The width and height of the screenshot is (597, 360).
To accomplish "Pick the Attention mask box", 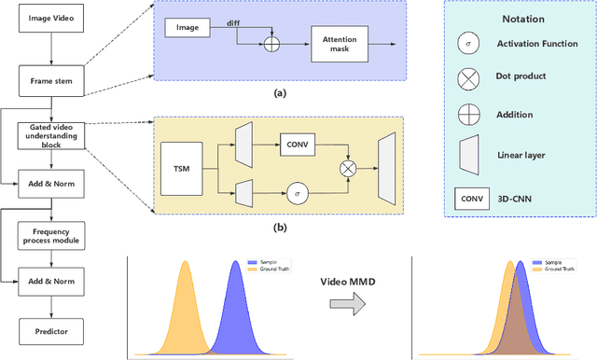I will pos(340,44).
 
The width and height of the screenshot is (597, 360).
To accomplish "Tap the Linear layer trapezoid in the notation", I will pos(469,155).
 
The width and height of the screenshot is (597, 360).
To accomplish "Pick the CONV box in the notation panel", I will pos(471,197).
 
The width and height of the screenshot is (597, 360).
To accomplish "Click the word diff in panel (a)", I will pos(233,22).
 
